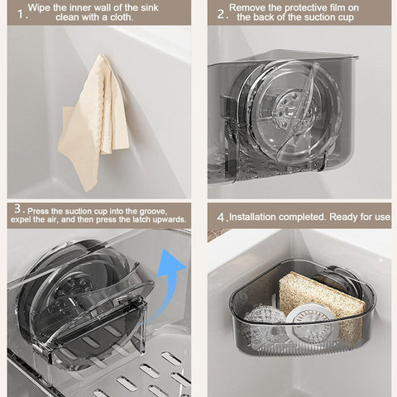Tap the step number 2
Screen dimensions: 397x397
[221, 13]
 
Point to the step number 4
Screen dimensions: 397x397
[221, 217]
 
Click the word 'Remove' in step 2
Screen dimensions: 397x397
[248, 7]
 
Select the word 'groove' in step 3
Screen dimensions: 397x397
[165, 209]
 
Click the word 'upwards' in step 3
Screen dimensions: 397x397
[164, 221]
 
